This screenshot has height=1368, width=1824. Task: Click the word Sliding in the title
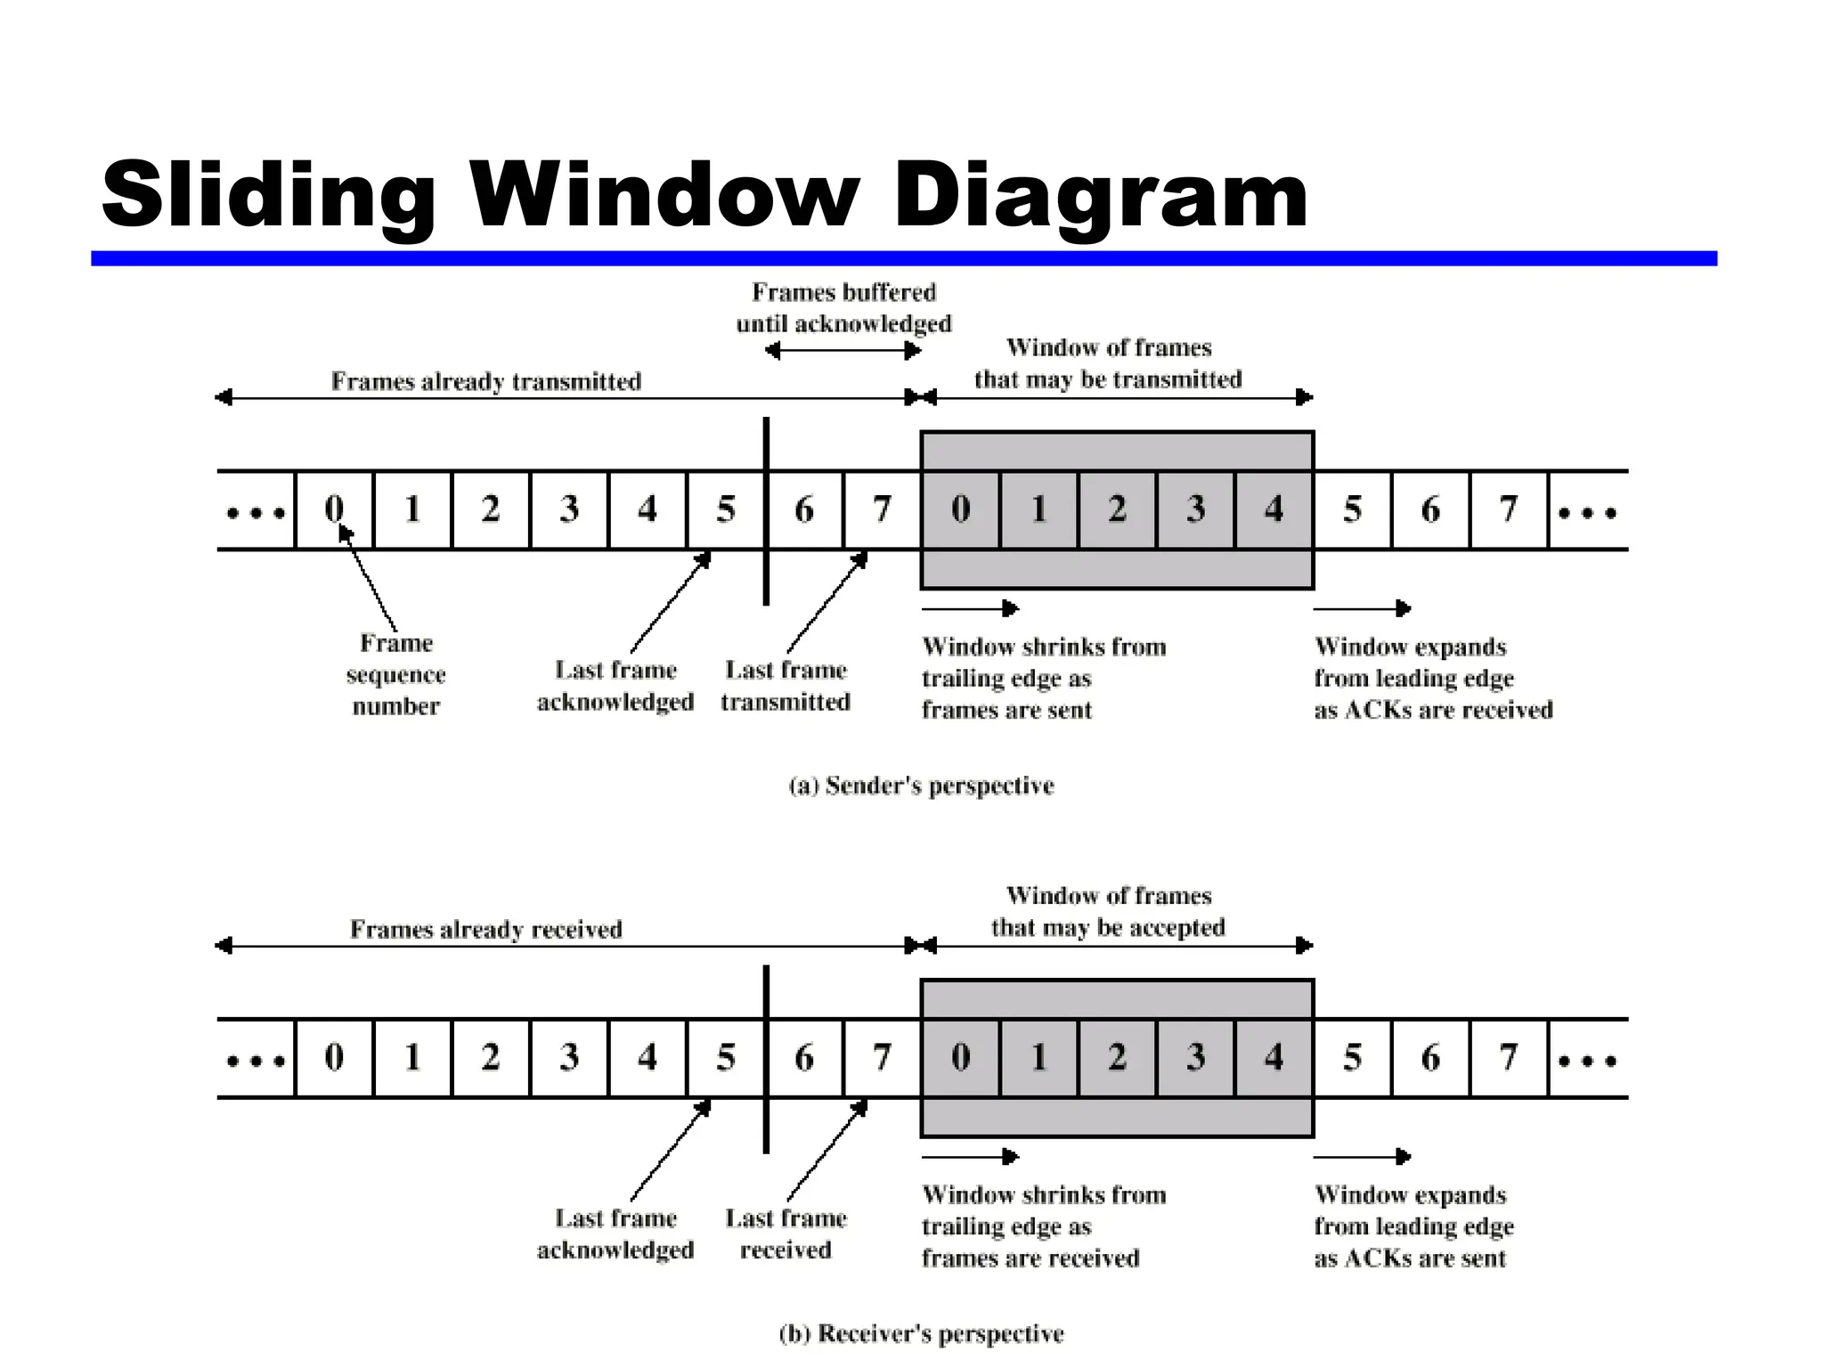(268, 195)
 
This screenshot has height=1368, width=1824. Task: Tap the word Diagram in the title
(1099, 195)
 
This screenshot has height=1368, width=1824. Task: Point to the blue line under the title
(903, 258)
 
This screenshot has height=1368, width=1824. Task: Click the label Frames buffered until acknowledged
(843, 307)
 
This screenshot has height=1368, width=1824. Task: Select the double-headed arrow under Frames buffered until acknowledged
(843, 351)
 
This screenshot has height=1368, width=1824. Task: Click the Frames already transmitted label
(485, 381)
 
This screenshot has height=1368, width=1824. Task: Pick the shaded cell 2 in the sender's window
(1117, 509)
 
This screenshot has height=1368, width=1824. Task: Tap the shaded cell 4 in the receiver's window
(1274, 1057)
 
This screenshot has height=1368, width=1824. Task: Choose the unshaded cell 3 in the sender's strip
(569, 509)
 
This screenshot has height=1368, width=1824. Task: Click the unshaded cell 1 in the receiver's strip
(412, 1057)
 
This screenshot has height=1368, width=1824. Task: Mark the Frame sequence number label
(395, 674)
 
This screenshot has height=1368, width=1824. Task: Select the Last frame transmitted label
(786, 686)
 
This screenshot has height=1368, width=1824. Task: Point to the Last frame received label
(786, 1234)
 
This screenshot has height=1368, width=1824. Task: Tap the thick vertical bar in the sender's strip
(766, 511)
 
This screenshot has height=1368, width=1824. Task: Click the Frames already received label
(485, 929)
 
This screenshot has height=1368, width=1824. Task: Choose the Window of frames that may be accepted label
(1108, 911)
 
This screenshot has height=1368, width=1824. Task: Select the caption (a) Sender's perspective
(921, 786)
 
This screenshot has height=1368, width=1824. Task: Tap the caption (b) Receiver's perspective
(921, 1333)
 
